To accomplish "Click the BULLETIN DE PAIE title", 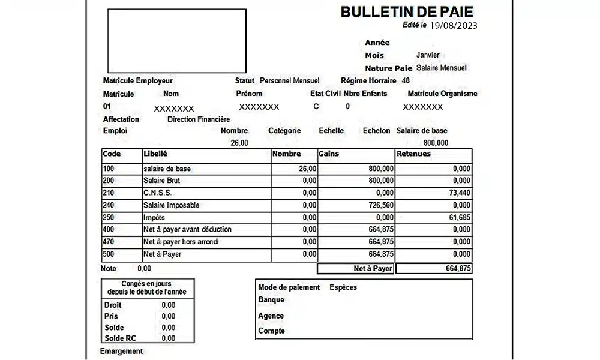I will [407, 11].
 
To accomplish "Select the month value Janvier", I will [428, 55].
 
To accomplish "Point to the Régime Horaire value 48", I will [406, 80].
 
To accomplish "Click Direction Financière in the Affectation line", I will [199, 119].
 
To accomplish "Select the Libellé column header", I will [155, 154].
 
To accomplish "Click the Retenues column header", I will [413, 154].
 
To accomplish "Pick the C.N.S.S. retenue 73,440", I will [458, 193].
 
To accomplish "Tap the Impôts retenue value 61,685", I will [458, 217].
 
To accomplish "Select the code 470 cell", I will [109, 242].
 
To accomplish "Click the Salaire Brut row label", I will [161, 181].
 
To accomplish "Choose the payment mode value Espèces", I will [343, 287].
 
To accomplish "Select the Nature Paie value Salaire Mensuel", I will [441, 68].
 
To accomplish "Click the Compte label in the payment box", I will [271, 331].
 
